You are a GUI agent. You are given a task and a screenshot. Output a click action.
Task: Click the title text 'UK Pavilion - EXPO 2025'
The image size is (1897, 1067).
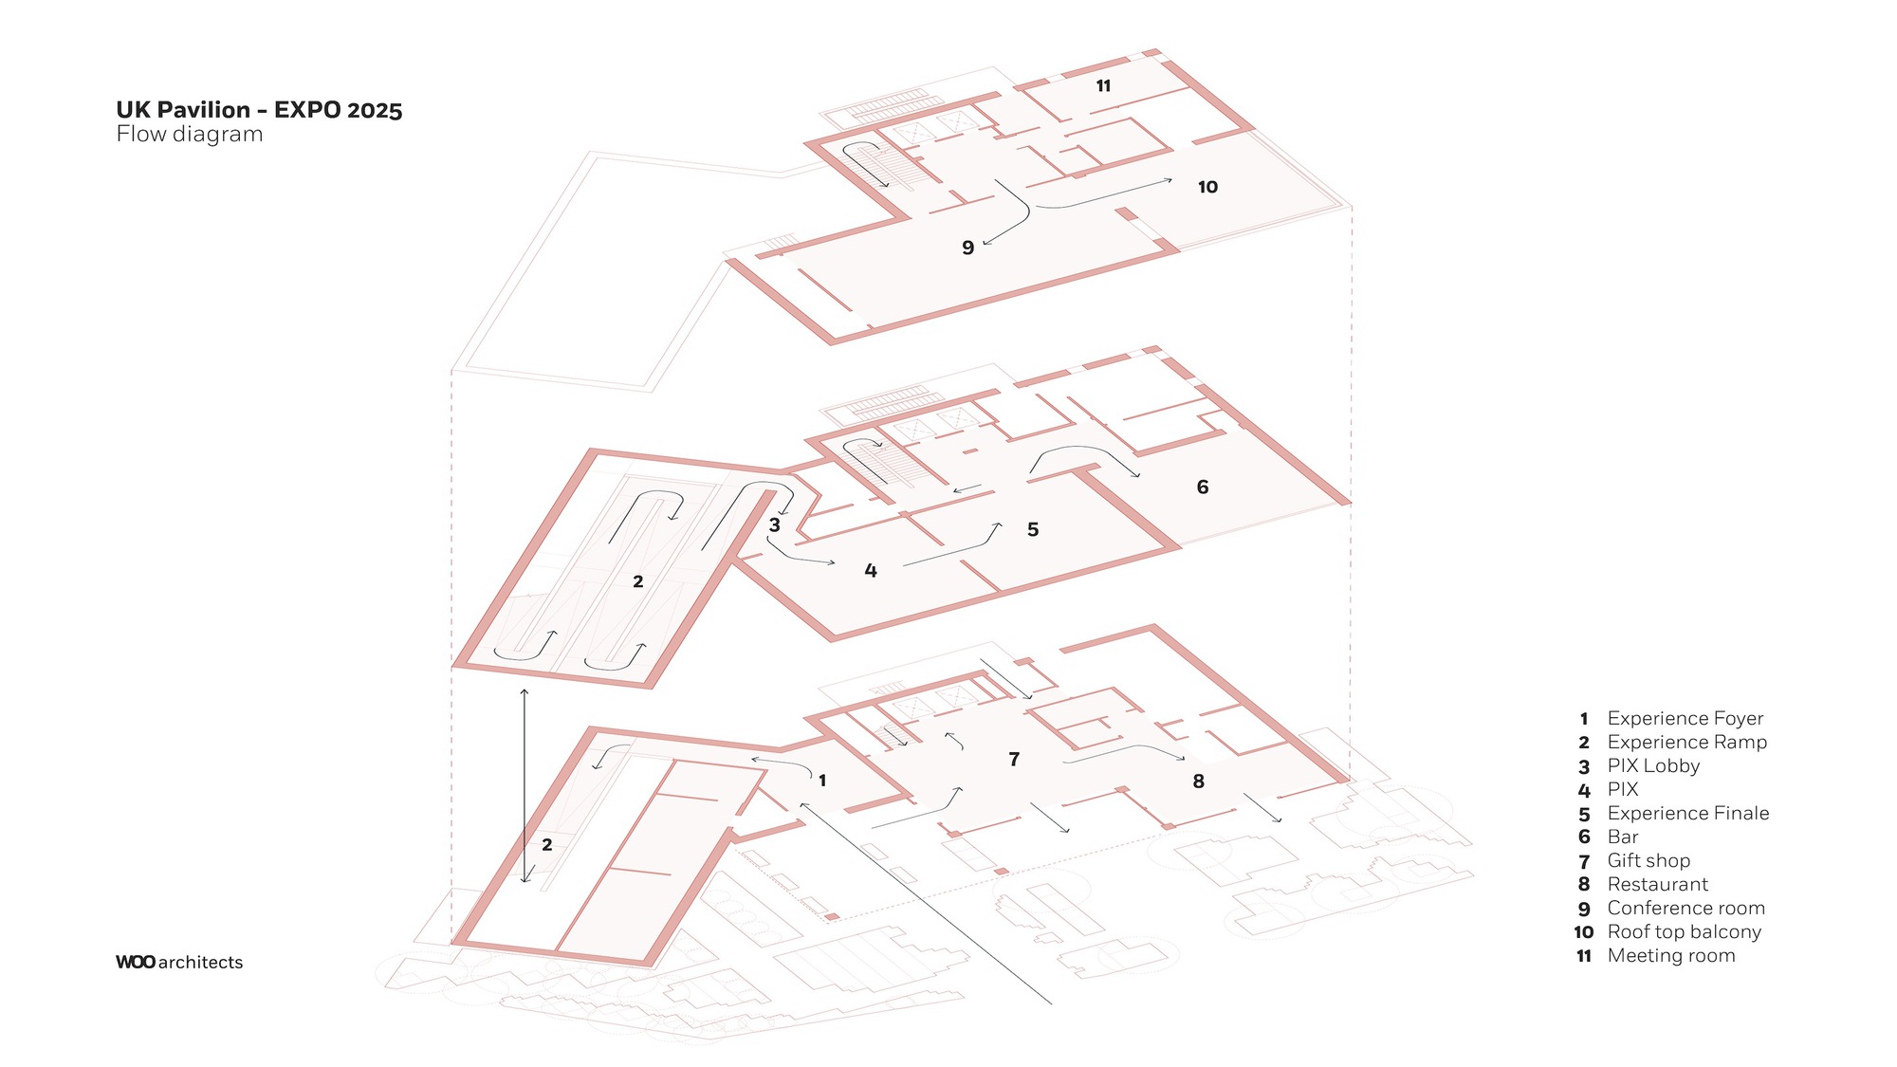(x=259, y=110)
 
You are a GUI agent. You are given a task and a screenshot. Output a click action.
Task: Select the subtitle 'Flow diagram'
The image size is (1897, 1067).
(x=190, y=135)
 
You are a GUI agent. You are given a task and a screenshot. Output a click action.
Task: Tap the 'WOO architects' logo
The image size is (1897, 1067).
(x=179, y=962)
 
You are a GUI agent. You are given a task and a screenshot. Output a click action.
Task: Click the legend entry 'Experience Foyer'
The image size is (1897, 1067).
(x=1685, y=719)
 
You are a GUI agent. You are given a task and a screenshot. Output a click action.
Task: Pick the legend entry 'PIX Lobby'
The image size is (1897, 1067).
(x=1653, y=766)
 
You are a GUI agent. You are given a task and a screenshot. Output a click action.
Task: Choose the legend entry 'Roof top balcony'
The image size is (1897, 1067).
(x=1684, y=932)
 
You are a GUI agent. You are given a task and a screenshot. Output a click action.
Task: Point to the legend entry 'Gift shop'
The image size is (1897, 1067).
(x=1648, y=861)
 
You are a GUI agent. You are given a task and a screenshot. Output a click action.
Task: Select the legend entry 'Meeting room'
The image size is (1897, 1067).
(x=1671, y=956)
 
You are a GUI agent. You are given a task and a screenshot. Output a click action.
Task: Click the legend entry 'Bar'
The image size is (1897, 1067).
(x=1623, y=837)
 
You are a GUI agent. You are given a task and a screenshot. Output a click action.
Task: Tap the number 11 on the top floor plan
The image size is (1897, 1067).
(x=1103, y=86)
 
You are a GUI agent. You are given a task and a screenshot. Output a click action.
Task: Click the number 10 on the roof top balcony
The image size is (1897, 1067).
(x=1207, y=188)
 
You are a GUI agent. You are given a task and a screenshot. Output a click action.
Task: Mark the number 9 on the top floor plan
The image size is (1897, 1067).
(x=967, y=248)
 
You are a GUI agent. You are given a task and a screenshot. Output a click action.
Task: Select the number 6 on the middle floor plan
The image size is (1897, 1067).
(x=1203, y=488)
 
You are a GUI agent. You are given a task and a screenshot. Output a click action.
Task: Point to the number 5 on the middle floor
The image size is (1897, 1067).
(x=1033, y=530)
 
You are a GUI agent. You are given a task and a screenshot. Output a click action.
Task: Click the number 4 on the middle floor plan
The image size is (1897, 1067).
(x=871, y=571)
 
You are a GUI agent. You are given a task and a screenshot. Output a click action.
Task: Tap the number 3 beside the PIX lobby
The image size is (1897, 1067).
(x=775, y=525)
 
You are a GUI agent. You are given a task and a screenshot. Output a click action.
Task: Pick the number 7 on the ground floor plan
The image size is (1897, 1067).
(x=1014, y=760)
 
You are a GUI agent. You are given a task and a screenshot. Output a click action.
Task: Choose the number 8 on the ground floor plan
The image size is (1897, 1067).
(x=1199, y=782)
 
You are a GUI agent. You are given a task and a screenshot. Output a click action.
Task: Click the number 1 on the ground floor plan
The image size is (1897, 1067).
(x=822, y=781)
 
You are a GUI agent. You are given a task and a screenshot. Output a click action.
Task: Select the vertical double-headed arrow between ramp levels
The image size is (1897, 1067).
(x=525, y=786)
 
